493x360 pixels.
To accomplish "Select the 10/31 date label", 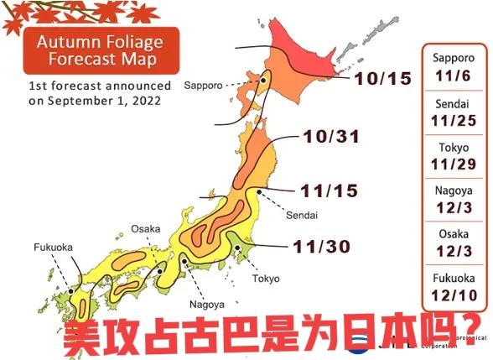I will coord(330,136).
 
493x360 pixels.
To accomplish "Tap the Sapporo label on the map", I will coord(204,86).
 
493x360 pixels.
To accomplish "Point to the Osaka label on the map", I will coord(145,228).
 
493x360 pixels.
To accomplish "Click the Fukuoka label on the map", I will coord(53,248).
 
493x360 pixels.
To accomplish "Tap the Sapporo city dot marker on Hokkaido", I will coord(263,81).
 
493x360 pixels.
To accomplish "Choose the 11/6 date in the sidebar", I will coord(454,75).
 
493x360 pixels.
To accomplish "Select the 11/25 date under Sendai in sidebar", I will coord(454,119).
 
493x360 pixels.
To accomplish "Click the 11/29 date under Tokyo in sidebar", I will coord(454,165).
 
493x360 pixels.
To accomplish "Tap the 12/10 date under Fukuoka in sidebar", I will coord(454,295).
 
